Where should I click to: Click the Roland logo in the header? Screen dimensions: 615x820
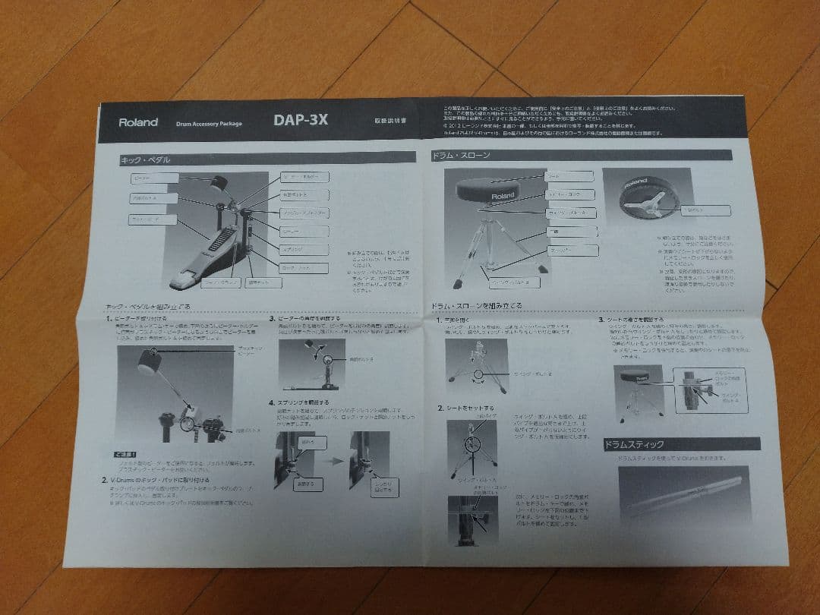(x=138, y=121)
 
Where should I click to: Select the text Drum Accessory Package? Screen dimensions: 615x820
(x=209, y=123)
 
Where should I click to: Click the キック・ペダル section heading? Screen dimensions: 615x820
(x=146, y=160)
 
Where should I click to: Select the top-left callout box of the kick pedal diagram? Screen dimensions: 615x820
(x=154, y=178)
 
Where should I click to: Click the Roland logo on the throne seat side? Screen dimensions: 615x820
(x=502, y=195)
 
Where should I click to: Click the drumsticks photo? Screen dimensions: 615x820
(x=683, y=493)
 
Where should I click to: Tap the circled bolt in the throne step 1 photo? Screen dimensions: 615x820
(x=478, y=375)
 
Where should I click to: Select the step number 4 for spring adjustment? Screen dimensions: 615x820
(x=272, y=402)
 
